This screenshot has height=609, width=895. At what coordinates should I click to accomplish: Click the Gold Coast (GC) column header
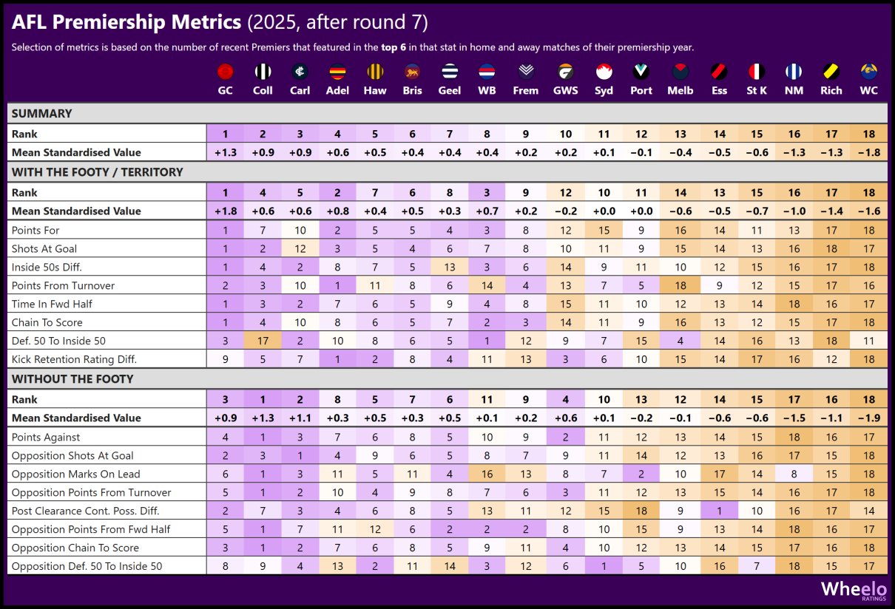click(226, 90)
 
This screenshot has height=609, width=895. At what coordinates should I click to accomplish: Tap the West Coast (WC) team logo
click(869, 72)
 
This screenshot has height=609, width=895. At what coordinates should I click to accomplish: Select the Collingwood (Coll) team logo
click(263, 72)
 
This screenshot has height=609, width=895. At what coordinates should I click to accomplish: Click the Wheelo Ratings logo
click(854, 590)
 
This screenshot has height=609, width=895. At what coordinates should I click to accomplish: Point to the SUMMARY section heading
click(42, 114)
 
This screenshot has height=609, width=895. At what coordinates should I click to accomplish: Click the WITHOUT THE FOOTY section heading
click(72, 379)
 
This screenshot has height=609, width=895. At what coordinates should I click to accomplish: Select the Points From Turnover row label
click(63, 285)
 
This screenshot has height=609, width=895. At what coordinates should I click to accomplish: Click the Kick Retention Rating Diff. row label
click(74, 359)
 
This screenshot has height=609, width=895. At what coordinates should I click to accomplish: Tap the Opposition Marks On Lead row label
click(75, 474)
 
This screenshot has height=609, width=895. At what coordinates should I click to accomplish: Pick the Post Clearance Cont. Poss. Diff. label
click(85, 511)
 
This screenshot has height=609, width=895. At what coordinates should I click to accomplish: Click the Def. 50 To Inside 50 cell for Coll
click(263, 341)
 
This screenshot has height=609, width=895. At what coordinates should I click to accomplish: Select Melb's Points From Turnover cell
click(680, 285)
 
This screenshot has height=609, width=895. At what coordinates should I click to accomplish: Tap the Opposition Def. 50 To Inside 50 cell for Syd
click(604, 566)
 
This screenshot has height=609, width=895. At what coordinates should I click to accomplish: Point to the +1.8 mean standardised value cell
click(226, 211)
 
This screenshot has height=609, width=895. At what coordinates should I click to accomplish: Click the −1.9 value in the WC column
click(869, 418)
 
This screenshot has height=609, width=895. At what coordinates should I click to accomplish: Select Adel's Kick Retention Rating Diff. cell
click(337, 359)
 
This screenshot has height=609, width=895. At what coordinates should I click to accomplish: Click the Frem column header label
click(526, 90)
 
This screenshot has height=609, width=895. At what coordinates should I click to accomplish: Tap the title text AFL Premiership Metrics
click(126, 23)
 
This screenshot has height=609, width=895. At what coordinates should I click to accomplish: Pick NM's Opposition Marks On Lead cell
click(794, 474)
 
